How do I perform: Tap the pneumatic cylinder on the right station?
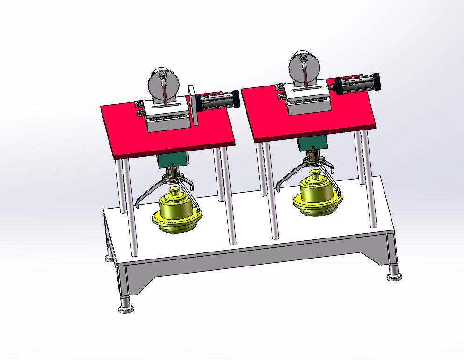click(358, 84)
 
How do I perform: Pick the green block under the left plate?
click(173, 159)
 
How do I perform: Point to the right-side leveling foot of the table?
click(394, 277)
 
